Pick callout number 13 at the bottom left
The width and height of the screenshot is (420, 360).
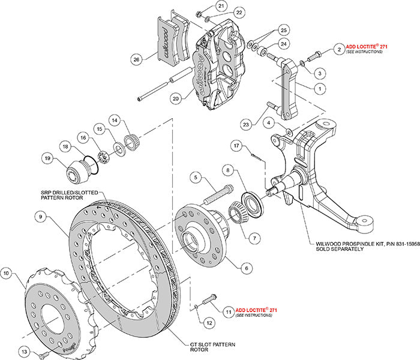23,352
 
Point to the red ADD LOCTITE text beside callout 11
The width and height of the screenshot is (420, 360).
258,310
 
